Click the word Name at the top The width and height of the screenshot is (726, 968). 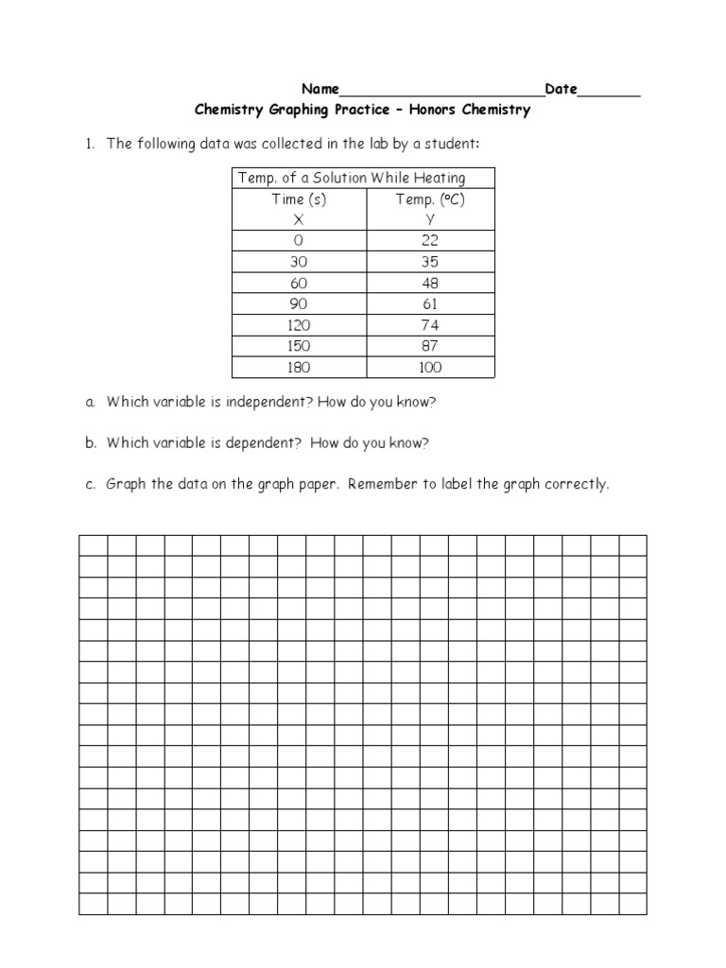click(320, 90)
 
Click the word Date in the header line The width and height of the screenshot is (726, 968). click(561, 90)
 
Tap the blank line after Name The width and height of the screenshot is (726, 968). click(441, 93)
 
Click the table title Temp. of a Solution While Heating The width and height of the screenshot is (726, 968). click(352, 178)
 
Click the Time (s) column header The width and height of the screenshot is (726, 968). click(300, 199)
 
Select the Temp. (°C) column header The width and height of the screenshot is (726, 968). click(430, 199)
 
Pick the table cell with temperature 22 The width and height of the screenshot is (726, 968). click(430, 240)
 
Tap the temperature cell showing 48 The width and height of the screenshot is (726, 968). click(430, 283)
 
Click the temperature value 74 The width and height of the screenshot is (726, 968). click(430, 325)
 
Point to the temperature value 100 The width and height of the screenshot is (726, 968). click(430, 367)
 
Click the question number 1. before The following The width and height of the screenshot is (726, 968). click(91, 144)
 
